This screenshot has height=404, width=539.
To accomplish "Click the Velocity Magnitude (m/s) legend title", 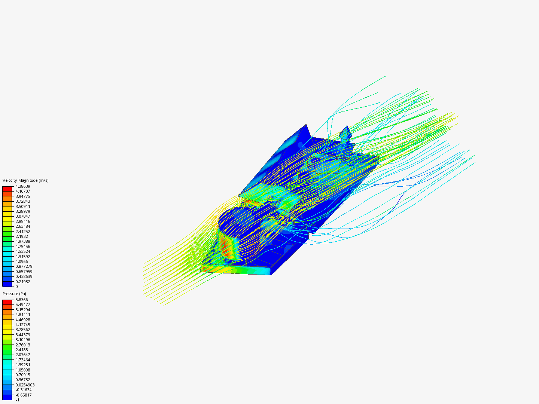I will point(25,180).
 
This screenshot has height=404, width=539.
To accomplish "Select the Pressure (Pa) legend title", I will point(14,294).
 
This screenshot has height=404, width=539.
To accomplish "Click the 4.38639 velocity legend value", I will point(22,186).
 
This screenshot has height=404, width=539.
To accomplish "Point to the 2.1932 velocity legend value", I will point(21,236).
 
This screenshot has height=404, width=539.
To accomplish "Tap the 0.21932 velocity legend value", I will point(22,282).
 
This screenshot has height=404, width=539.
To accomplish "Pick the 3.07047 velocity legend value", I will point(22,216).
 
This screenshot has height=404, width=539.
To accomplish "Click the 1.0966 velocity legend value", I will point(21,261).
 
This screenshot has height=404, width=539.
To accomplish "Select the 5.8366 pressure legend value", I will point(21,300).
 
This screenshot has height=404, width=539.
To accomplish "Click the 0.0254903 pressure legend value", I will point(25,385).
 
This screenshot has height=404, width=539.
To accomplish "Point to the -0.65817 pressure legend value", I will point(23,395).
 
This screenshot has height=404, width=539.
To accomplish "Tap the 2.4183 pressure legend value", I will point(21,350).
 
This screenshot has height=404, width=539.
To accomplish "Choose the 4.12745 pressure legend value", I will point(22,325).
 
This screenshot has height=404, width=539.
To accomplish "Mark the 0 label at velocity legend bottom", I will point(16,287).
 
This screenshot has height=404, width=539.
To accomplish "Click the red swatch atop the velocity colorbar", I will point(7,189).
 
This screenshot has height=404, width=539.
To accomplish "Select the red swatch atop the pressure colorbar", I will point(7,302).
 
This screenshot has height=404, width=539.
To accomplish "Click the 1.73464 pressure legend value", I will point(22,360).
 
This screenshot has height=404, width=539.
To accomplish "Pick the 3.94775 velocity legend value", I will point(22,196).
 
